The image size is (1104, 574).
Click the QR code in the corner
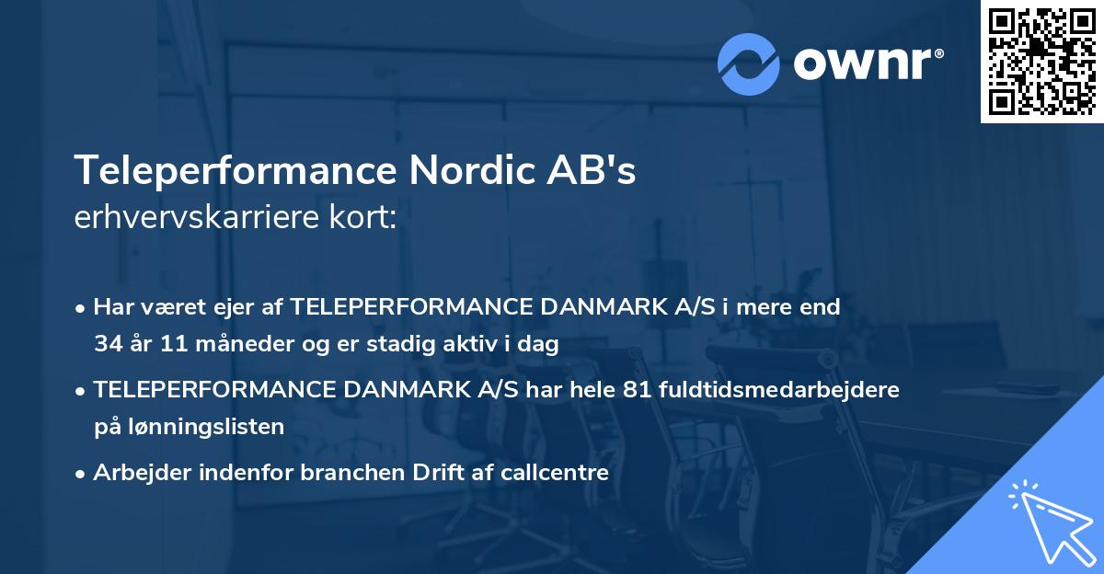point(1041,61)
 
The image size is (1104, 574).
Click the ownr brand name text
point(867,64)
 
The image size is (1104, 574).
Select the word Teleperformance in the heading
point(235,169)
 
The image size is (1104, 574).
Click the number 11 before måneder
point(173,344)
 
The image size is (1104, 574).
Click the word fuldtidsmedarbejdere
point(780,390)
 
